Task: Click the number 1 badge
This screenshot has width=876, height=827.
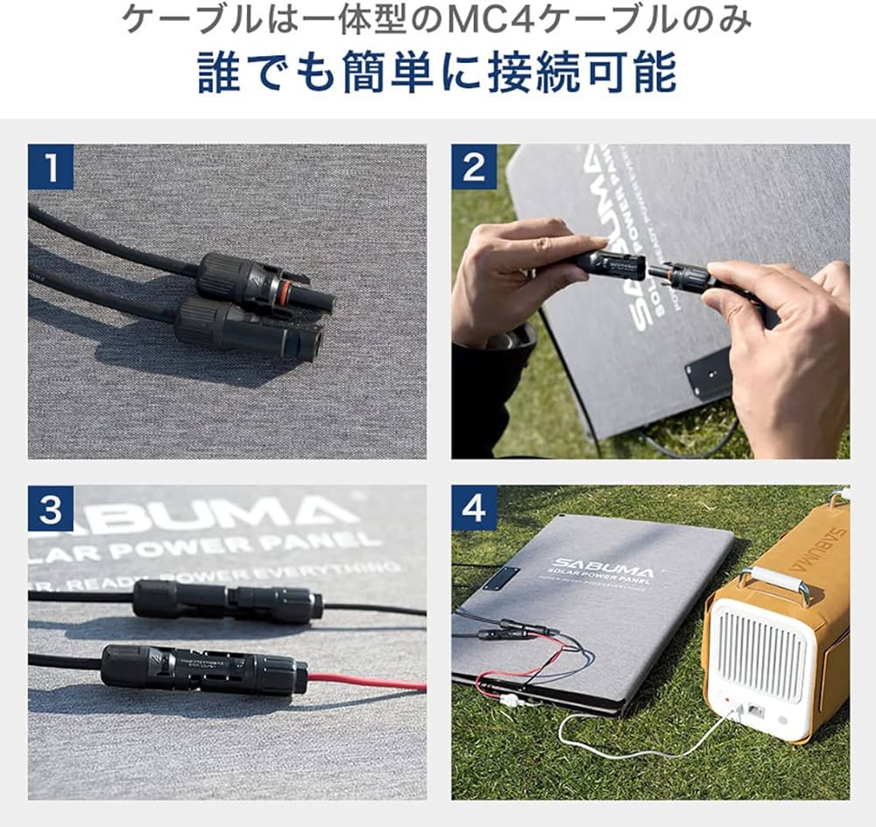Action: (x=50, y=167)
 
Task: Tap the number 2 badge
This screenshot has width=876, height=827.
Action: (x=474, y=167)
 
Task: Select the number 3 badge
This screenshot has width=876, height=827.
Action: (x=50, y=508)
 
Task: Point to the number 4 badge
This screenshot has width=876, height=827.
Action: (x=474, y=508)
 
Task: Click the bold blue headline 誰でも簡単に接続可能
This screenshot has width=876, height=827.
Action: (x=437, y=72)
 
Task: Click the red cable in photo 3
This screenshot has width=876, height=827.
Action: (x=368, y=681)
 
